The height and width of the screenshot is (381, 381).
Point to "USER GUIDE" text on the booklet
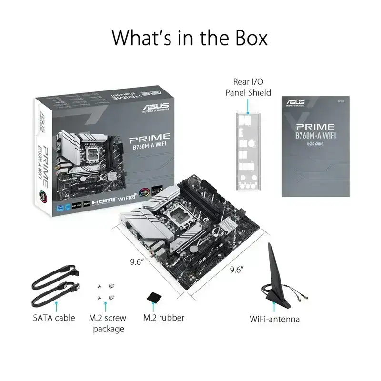pos(315,143)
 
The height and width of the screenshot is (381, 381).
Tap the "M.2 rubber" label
pos(164,317)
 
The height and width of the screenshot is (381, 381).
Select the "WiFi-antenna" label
pos(275,319)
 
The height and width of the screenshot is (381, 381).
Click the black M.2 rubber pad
pos(155,296)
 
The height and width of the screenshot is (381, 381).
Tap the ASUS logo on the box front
pos(152,108)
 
